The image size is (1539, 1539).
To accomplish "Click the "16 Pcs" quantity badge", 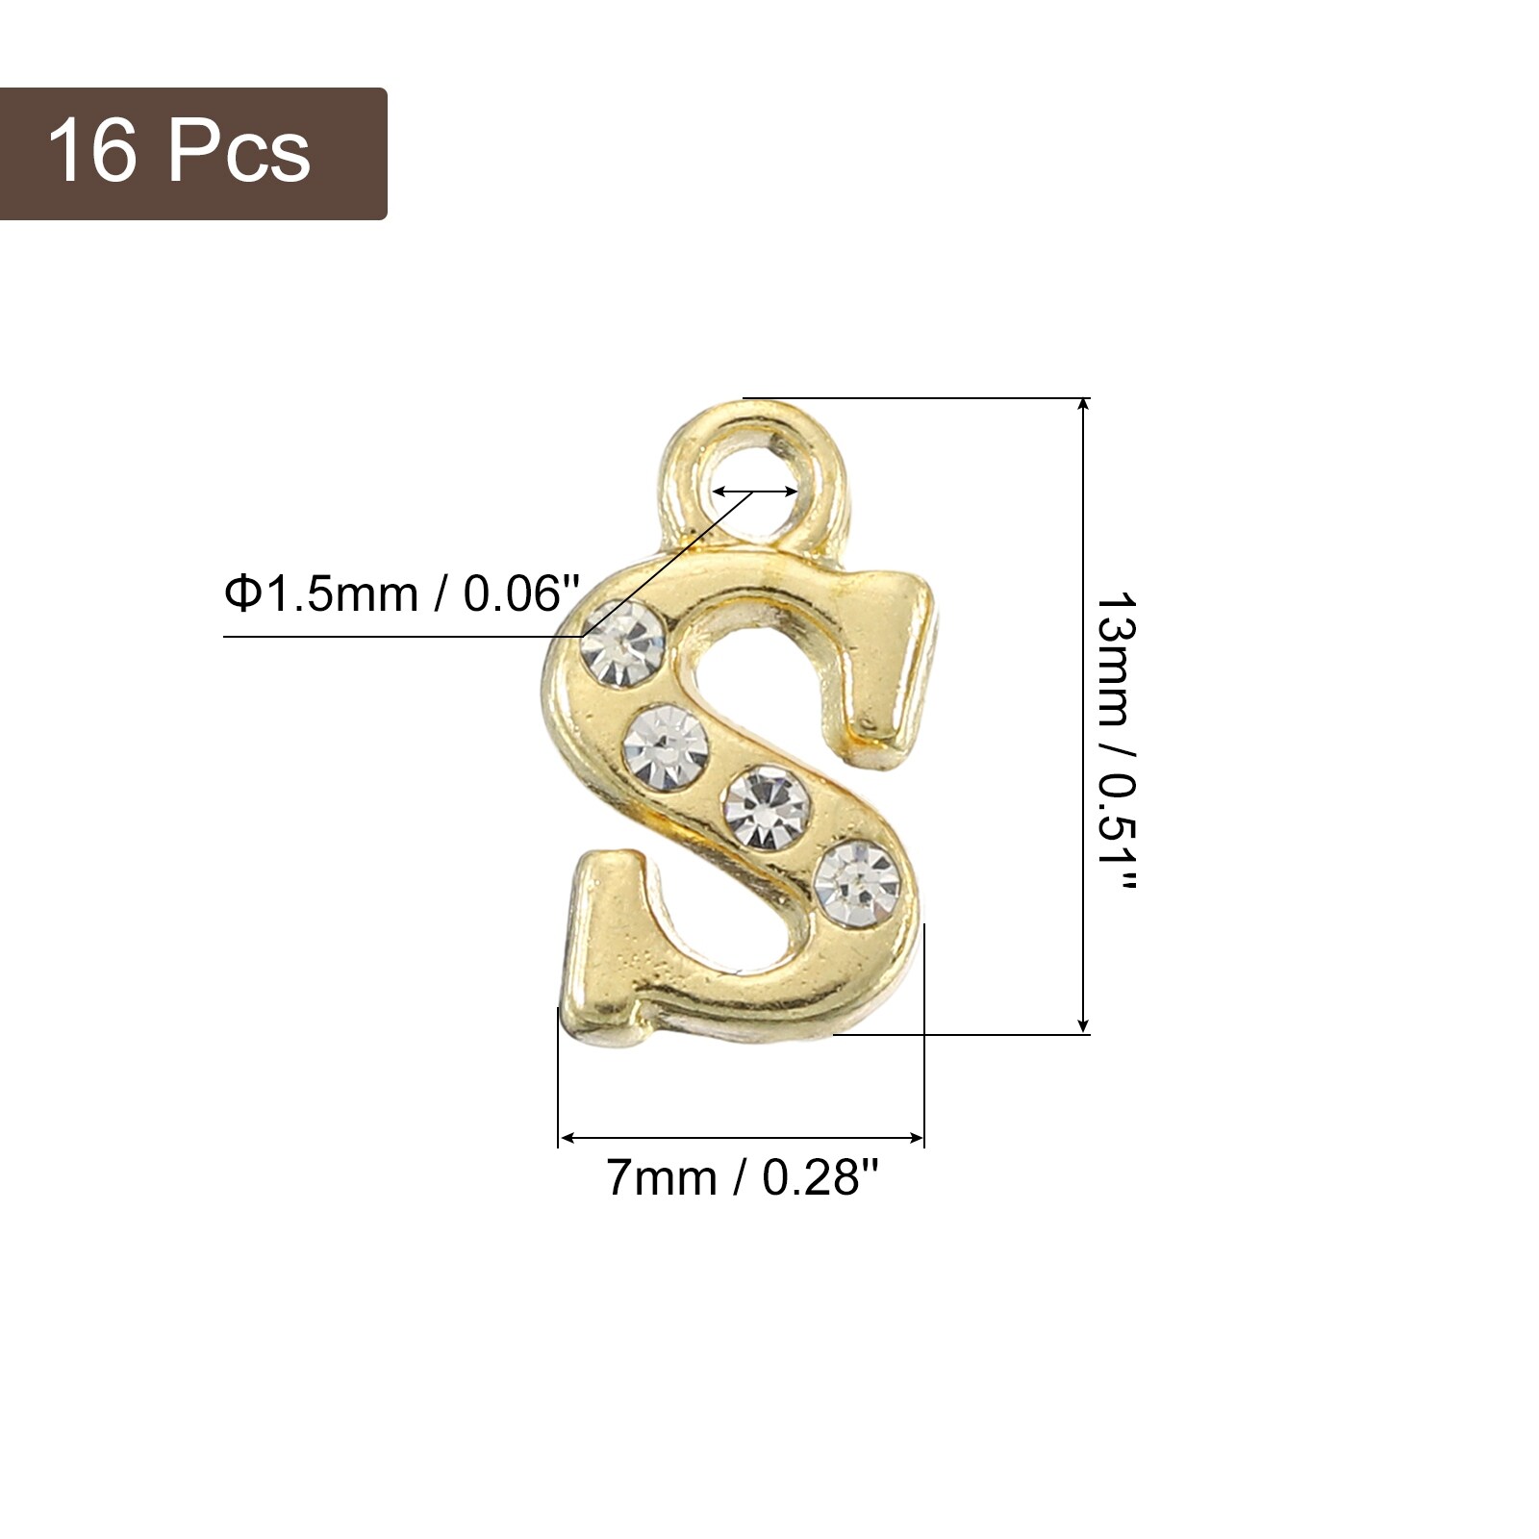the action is coord(192,154).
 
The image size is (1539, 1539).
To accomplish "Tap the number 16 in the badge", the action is coord(92,150).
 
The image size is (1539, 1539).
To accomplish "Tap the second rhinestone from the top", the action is coord(666,748).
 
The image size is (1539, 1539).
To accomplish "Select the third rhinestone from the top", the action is coord(766,807).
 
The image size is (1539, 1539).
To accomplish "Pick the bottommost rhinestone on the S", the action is coord(857,883).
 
